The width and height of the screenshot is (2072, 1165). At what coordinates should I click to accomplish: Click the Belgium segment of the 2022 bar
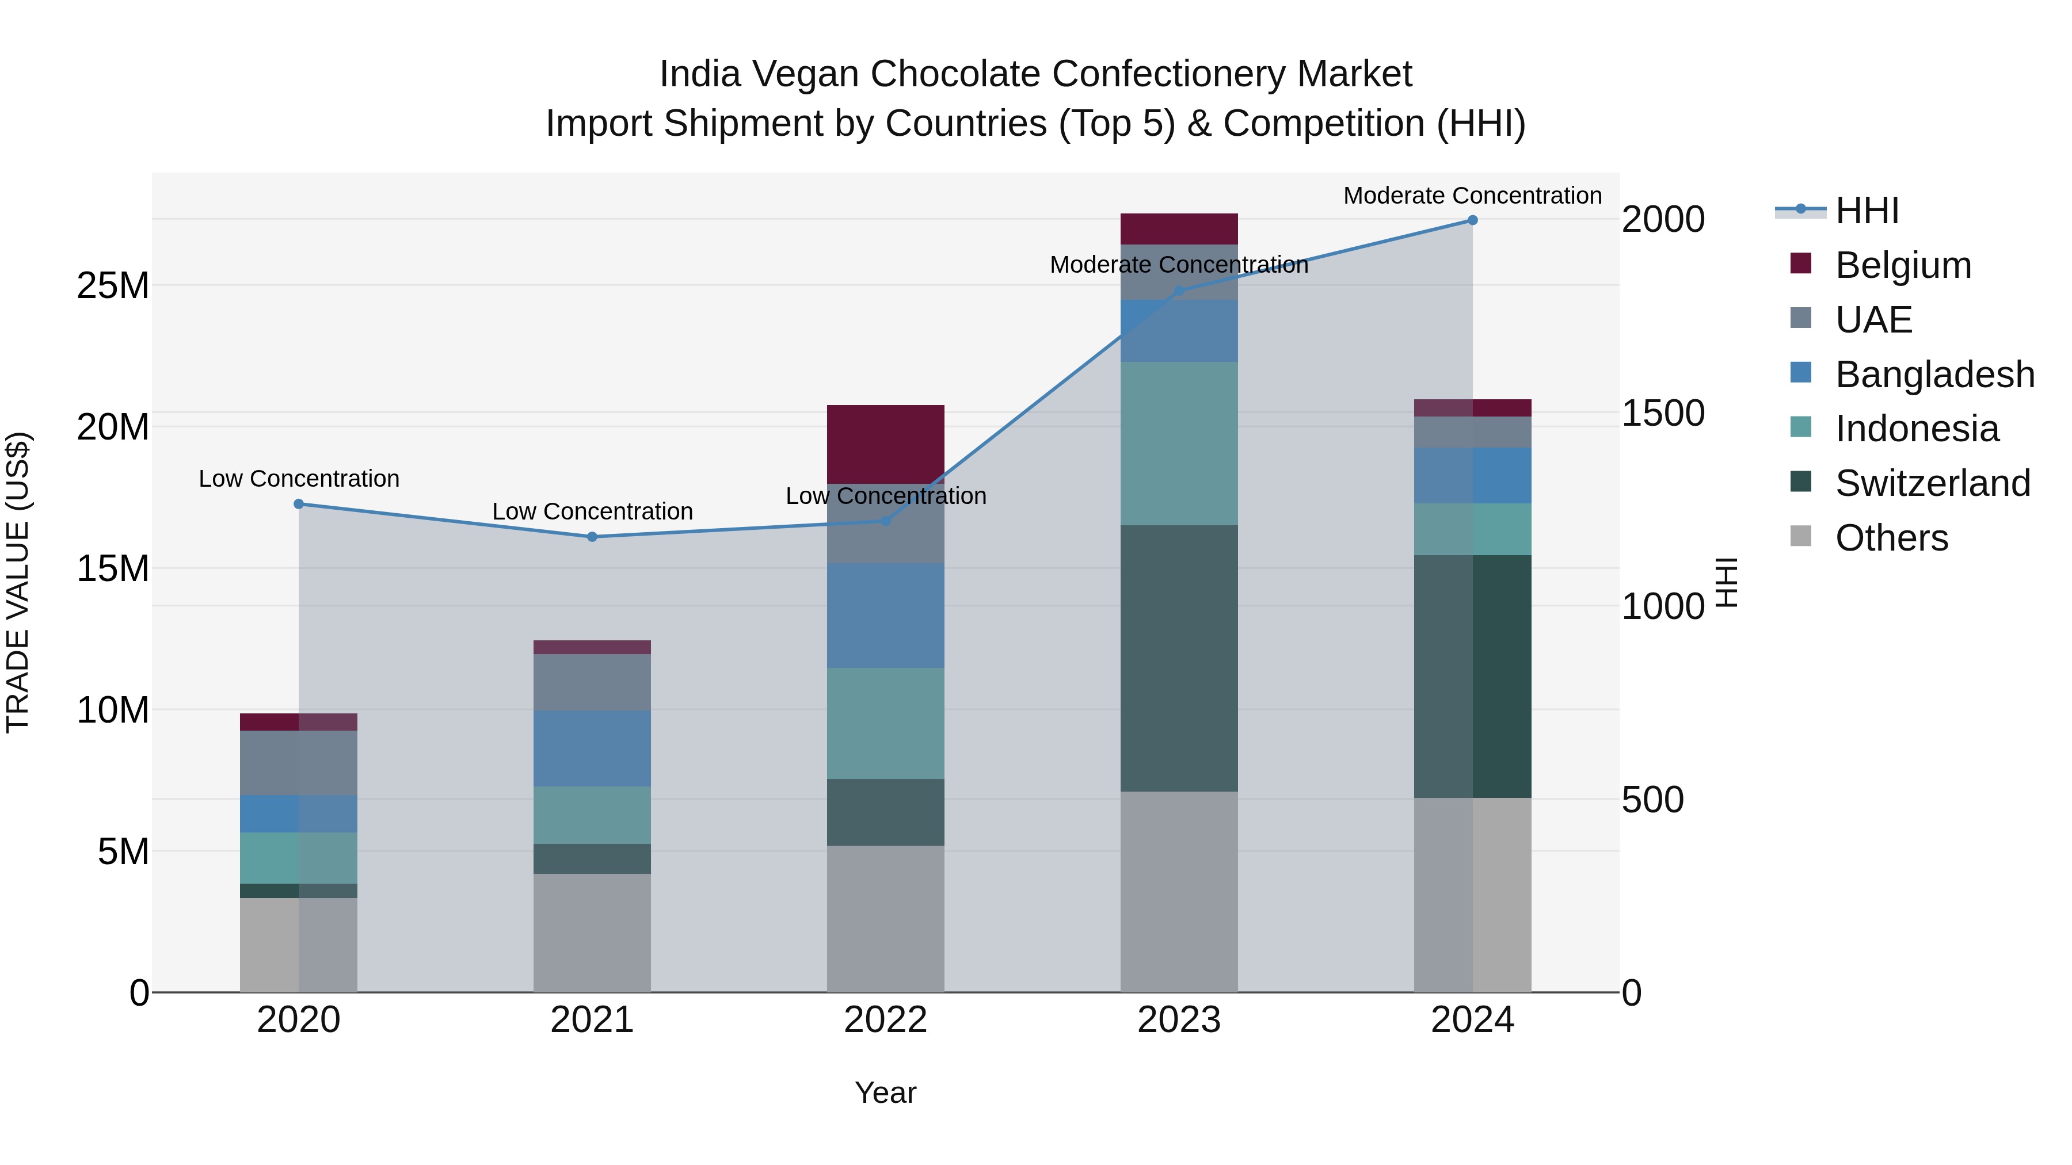[x=886, y=444]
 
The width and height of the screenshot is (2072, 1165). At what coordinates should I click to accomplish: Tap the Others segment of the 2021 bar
[x=592, y=933]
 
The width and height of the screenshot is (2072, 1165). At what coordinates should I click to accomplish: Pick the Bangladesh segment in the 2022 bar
[x=886, y=615]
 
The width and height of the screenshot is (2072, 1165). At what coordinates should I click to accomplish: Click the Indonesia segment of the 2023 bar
[x=1179, y=443]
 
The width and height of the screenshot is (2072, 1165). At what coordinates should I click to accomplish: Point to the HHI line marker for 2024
[x=1473, y=220]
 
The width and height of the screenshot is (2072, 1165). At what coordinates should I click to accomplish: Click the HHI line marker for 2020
[x=298, y=504]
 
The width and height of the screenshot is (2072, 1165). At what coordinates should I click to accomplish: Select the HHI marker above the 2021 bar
[x=592, y=537]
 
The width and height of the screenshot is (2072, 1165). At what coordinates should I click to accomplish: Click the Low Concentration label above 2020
[x=298, y=479]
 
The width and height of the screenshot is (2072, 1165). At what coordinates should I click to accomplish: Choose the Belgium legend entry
[x=1903, y=265]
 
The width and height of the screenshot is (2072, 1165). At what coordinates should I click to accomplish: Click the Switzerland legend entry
[x=1932, y=483]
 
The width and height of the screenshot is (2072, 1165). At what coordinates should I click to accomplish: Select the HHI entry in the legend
[x=1866, y=211]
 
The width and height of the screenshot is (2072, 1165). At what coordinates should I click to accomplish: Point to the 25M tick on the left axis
[x=113, y=285]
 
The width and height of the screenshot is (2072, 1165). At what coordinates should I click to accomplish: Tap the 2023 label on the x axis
[x=1179, y=1020]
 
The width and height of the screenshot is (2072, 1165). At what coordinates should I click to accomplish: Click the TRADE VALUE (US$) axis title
[x=18, y=582]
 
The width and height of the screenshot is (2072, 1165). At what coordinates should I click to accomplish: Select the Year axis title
[x=886, y=1093]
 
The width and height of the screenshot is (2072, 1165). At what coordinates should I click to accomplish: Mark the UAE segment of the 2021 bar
[x=592, y=682]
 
